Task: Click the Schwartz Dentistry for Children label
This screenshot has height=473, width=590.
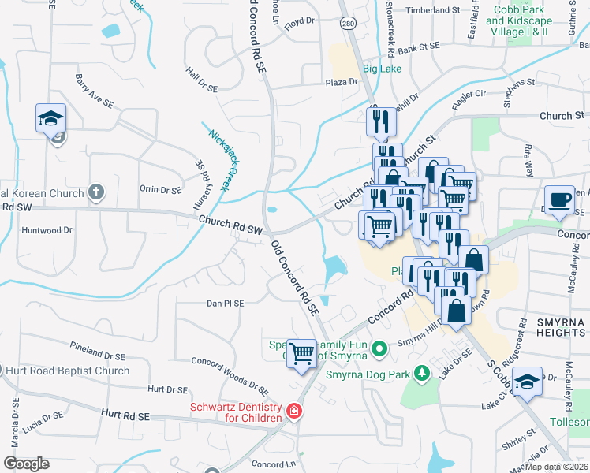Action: tap(236, 412)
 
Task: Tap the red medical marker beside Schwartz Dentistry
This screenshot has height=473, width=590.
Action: tap(293, 412)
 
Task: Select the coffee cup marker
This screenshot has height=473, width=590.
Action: tap(560, 200)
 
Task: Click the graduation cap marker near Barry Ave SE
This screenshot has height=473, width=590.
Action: tap(51, 119)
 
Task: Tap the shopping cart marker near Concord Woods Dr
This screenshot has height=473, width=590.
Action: tap(301, 352)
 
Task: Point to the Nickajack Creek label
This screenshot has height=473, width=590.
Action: tap(223, 153)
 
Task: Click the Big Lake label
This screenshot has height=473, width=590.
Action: tap(382, 69)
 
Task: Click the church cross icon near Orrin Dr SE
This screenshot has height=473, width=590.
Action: tap(96, 192)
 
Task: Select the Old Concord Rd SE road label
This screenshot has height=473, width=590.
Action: tap(295, 278)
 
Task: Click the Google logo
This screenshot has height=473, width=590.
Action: tap(26, 463)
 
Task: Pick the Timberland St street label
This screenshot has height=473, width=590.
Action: tap(433, 10)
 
